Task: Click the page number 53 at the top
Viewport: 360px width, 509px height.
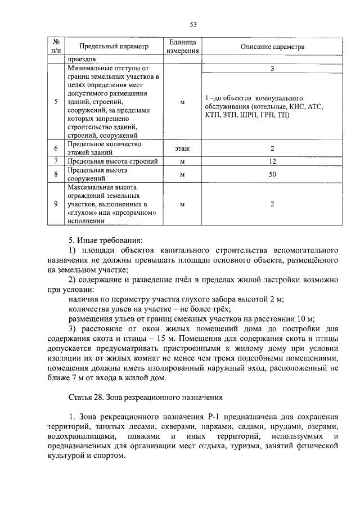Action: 192,24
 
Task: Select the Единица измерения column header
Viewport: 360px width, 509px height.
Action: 182,47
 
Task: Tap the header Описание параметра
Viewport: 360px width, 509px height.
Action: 272,47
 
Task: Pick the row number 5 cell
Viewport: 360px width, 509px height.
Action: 56,102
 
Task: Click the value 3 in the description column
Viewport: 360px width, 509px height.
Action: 272,68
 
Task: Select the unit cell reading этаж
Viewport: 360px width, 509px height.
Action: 182,149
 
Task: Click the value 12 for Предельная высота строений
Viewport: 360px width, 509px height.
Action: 272,161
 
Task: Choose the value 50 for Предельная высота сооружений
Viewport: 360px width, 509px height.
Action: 272,174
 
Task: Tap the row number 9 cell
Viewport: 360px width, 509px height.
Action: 56,204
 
